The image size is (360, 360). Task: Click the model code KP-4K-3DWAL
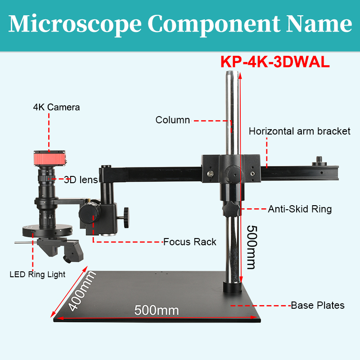tap(275, 62)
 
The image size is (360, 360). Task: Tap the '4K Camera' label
tap(56, 107)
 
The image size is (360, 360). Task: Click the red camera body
tap(49, 158)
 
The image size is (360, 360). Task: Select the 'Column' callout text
tap(173, 120)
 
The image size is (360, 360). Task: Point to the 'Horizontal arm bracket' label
tap(299, 131)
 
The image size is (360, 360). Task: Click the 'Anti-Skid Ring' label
tap(300, 209)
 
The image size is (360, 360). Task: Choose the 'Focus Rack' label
tap(189, 242)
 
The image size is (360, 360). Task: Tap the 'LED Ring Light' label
tap(38, 274)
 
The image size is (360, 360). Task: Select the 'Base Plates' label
tap(318, 306)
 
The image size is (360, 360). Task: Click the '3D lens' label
tap(81, 180)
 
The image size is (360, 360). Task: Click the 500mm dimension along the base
tap(157, 310)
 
